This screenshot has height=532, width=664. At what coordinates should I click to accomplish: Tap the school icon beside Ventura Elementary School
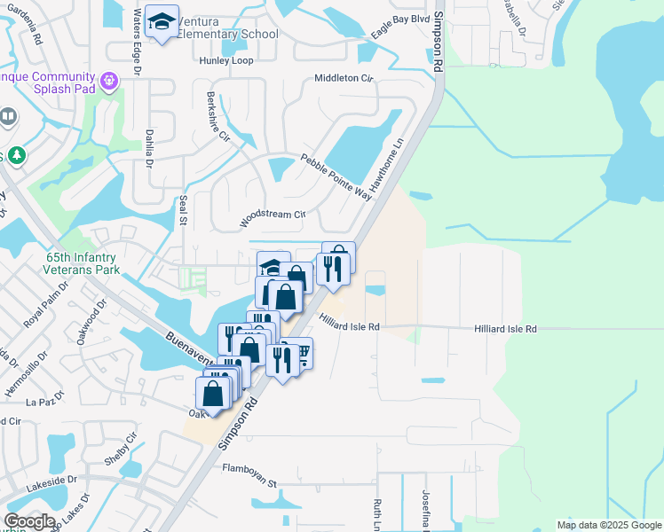point(162,24)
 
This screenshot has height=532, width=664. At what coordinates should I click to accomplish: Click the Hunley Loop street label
point(226,60)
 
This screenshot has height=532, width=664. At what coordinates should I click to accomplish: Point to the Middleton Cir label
point(344,78)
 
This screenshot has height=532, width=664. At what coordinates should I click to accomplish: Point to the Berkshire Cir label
point(218,118)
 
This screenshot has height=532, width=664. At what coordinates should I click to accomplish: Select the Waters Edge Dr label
point(137,32)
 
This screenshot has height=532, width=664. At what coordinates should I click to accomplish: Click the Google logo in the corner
point(29,521)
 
